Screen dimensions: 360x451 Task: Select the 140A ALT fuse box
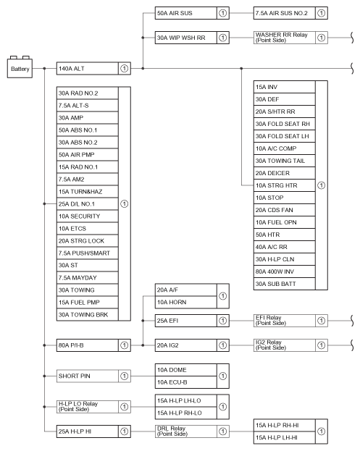[x=93, y=69]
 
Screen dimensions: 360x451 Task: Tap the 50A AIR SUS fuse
[x=192, y=13]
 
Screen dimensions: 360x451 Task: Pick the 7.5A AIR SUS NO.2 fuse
[x=290, y=13]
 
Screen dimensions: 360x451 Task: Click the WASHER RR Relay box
[x=290, y=38]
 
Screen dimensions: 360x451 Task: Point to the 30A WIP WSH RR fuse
[x=192, y=38]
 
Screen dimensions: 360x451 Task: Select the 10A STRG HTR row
[x=285, y=185]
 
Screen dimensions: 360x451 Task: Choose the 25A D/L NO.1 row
[x=88, y=204]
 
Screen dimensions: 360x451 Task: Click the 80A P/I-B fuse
[x=93, y=345]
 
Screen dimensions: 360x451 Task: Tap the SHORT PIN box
[x=93, y=376]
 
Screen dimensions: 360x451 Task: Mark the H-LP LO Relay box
[x=93, y=407]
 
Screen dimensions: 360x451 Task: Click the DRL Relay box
[x=192, y=431]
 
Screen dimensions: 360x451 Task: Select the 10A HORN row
[x=186, y=303]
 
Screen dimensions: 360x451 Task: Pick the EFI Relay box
[x=290, y=321]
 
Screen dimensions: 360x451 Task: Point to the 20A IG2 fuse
[x=192, y=345]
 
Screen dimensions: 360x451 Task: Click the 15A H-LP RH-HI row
[x=285, y=426]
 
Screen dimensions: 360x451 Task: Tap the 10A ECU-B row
[x=186, y=382]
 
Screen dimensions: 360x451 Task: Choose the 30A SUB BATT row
[x=285, y=284]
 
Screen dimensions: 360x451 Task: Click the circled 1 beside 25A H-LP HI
[x=125, y=431]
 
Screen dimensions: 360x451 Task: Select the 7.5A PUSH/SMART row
[x=88, y=253]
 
